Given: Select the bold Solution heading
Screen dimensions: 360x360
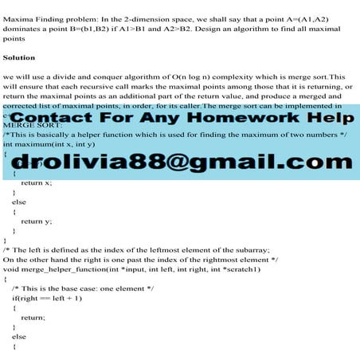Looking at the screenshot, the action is [19, 58].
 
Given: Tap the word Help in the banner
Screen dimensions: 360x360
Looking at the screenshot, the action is [333, 119].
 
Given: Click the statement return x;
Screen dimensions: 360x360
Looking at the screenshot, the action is [37, 182].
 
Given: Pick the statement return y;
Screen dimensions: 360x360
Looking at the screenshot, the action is [37, 221].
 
